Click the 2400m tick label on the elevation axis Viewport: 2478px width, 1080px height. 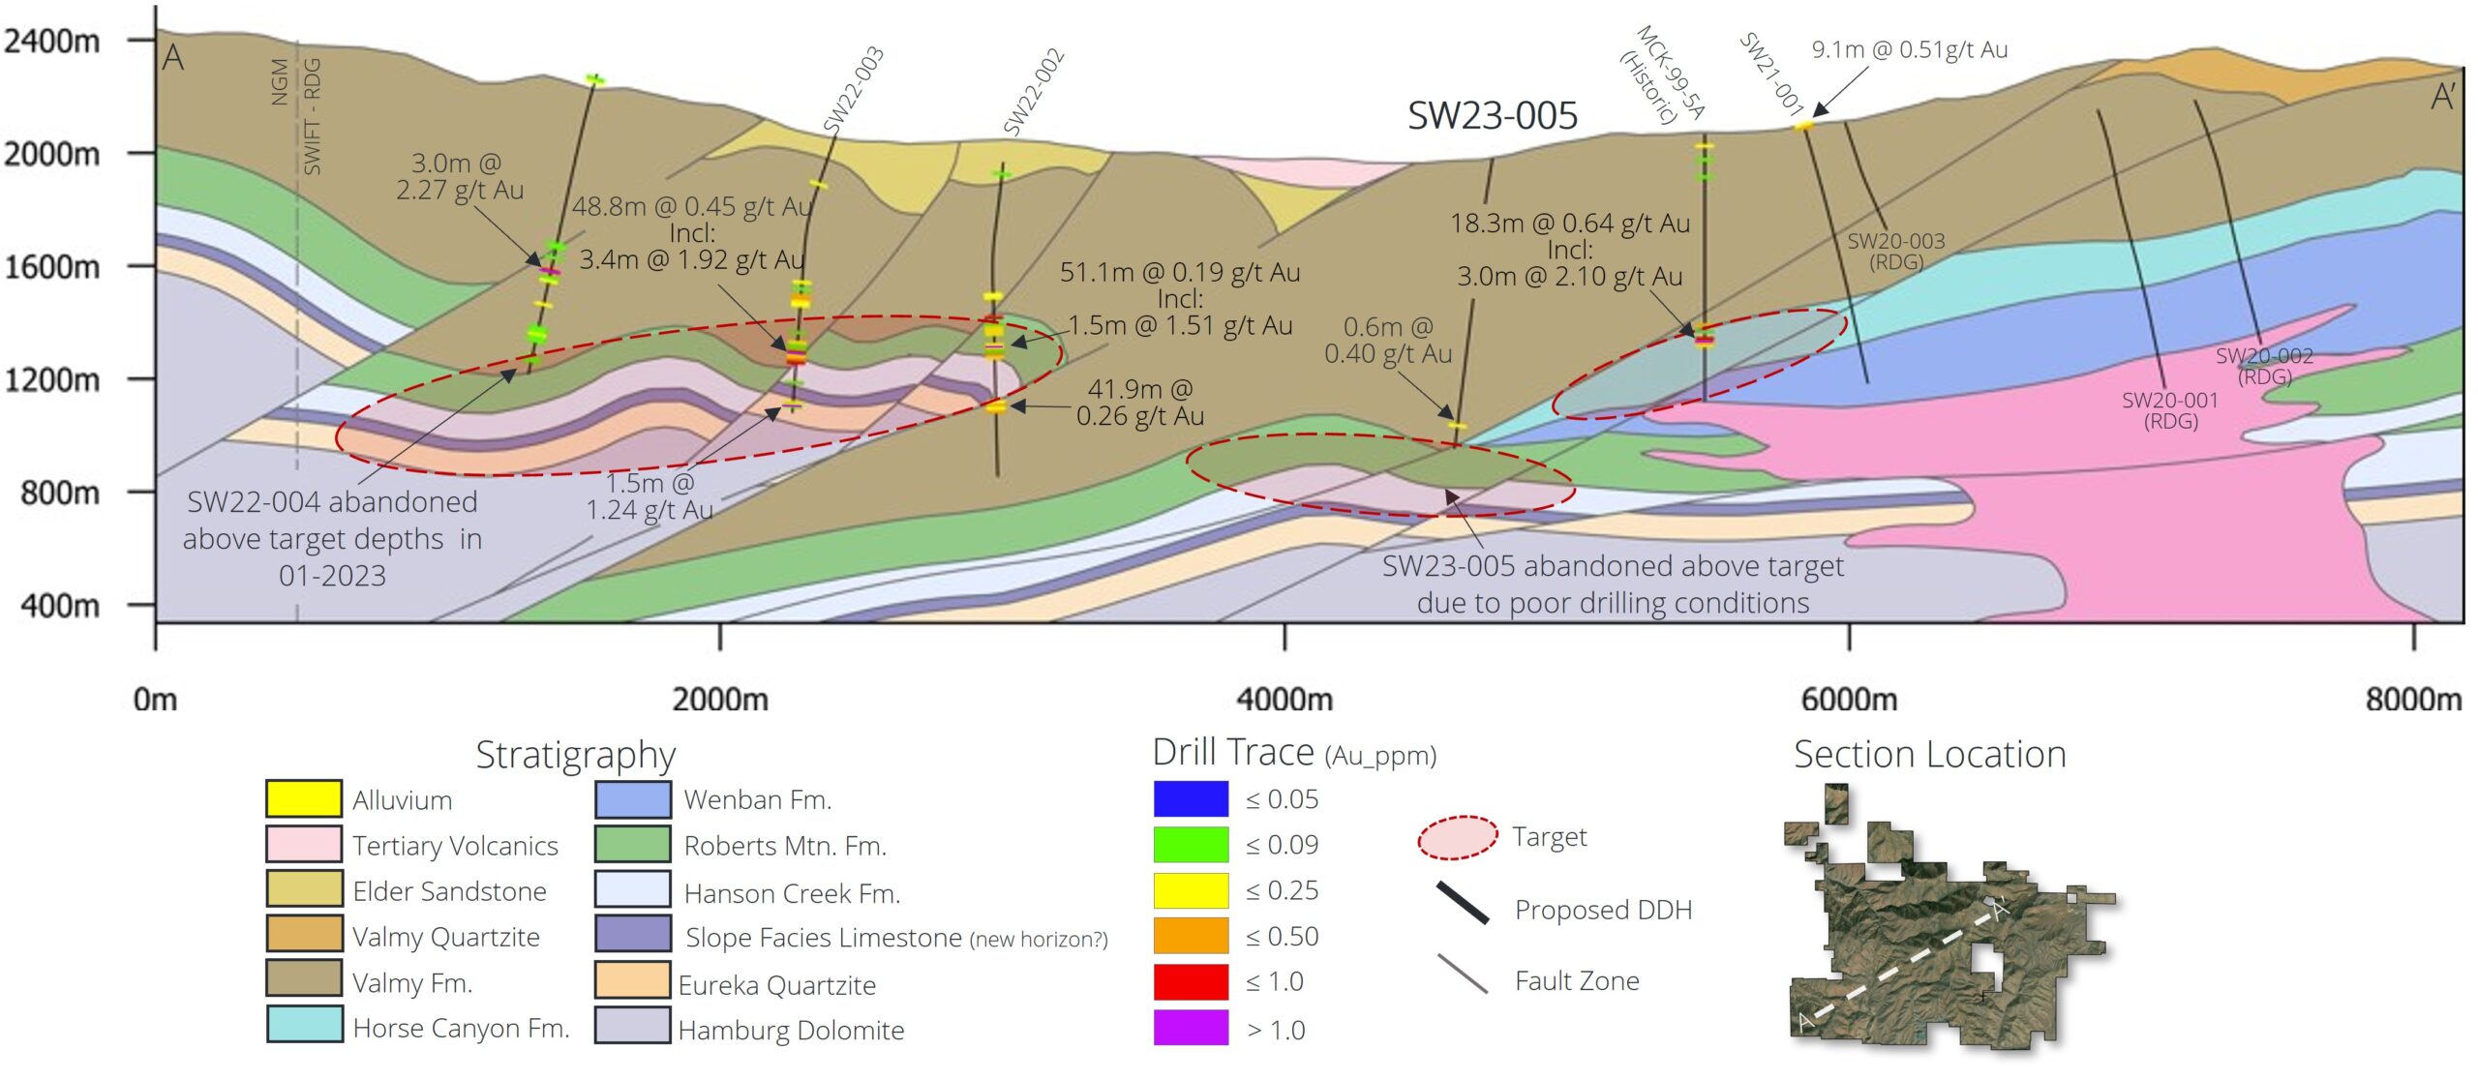pyautogui.click(x=52, y=41)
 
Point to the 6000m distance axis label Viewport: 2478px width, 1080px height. pyautogui.click(x=1849, y=699)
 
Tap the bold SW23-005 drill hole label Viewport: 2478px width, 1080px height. pyautogui.click(x=1493, y=115)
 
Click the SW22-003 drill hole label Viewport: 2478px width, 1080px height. pyautogui.click(x=854, y=88)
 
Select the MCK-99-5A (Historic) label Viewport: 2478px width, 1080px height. pyautogui.click(x=1661, y=76)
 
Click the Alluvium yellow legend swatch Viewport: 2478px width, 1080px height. pyautogui.click(x=304, y=798)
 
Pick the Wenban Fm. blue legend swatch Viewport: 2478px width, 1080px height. pyautogui.click(x=633, y=798)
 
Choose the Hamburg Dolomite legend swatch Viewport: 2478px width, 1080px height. pyautogui.click(x=633, y=1026)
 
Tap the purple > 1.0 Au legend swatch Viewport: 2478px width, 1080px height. pyautogui.click(x=1191, y=1028)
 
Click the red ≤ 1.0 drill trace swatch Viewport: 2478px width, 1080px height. pyautogui.click(x=1191, y=981)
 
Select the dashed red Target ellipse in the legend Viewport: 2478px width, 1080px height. pyautogui.click(x=1458, y=838)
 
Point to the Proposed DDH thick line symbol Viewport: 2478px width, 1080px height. pyautogui.click(x=1463, y=903)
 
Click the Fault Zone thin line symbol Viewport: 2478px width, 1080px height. pyautogui.click(x=1463, y=974)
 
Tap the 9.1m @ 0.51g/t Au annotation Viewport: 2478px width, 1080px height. pyautogui.click(x=1910, y=49)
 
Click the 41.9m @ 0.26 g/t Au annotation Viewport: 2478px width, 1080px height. pyautogui.click(x=1140, y=403)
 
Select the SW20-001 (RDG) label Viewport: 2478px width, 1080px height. pyautogui.click(x=2170, y=410)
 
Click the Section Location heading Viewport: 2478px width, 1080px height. pyautogui.click(x=1930, y=754)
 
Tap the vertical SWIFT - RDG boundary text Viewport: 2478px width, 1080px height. pyautogui.click(x=312, y=116)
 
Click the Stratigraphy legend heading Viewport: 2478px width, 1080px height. pyautogui.click(x=576, y=755)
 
